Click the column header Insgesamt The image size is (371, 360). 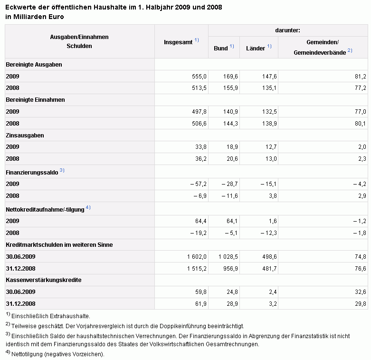pos(178,42)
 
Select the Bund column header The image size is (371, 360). pos(221,49)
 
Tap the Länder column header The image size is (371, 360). pos(256,49)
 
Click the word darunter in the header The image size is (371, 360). pos(287,30)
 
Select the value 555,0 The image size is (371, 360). pos(199,77)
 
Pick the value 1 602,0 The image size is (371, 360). pos(197,257)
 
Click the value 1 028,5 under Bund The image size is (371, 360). pos(228,257)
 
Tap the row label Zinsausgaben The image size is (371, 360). pos(25,136)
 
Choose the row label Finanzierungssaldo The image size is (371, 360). pos(32,173)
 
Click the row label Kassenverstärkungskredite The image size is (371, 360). pos(44,280)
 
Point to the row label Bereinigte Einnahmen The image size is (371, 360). pos(35,100)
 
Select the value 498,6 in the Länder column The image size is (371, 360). pos(269,257)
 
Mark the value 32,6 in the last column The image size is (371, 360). pos(361,292)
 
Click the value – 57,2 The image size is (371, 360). pos(198,184)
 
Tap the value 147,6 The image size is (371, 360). pos(269,77)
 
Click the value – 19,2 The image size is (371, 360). pos(198,233)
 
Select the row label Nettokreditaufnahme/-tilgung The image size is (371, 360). pos(45,210)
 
